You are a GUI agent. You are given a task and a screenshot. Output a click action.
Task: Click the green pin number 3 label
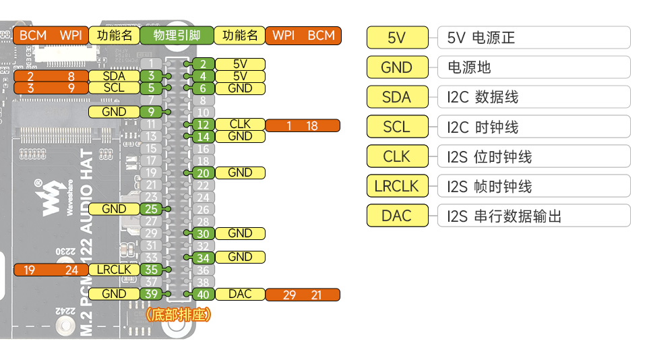pos(151,76)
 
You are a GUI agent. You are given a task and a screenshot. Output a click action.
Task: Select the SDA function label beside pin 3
pos(114,76)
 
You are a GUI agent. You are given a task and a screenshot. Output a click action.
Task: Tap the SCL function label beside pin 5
pos(114,88)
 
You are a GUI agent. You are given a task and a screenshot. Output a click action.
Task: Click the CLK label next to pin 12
pos(240,125)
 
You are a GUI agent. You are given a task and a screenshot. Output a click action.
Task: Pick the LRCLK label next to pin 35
pos(114,270)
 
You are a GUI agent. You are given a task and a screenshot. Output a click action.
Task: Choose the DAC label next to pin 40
pos(240,294)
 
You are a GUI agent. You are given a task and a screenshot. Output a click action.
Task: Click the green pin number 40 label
pos(203,294)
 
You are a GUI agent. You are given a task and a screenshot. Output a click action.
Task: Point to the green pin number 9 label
pos(151,112)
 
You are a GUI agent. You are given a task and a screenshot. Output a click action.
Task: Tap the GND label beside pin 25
pos(114,209)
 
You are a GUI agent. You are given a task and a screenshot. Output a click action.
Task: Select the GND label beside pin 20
pos(240,173)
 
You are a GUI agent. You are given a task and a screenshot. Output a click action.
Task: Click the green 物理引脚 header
pos(177,35)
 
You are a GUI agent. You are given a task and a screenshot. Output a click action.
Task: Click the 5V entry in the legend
pos(397,38)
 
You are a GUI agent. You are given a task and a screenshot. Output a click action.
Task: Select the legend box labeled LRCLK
pos(397,186)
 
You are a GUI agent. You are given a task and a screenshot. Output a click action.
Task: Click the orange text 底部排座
pos(178,315)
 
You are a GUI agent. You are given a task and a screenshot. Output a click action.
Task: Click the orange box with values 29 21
pos(303,294)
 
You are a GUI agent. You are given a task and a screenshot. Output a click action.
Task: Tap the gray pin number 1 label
pos(151,64)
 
